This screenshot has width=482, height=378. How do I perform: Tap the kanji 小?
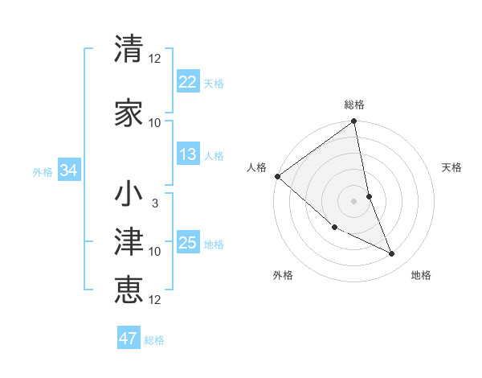coord(129,195)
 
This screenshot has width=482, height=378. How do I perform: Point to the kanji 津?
coord(129,239)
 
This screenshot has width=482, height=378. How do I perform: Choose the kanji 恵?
coord(129,289)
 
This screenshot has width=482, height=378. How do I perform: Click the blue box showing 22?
coord(187,81)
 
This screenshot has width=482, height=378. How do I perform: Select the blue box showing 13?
coord(187,154)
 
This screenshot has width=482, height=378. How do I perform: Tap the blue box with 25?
coord(187,242)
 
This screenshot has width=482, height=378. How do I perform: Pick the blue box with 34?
coord(68,171)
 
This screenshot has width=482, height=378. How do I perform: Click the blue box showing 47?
coord(129,339)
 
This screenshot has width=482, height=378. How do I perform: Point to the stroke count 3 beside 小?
coord(155,203)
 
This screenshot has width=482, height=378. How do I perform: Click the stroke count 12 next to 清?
coord(155,59)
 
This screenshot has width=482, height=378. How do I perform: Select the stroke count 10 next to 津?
coord(155,252)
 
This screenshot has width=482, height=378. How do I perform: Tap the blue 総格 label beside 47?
coord(154,340)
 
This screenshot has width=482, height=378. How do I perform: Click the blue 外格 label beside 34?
coord(43,172)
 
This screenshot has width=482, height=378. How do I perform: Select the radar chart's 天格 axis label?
coord(452,167)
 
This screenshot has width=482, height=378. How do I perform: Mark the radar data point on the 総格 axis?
coord(354,122)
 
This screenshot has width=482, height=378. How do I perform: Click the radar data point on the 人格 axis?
coord(277,176)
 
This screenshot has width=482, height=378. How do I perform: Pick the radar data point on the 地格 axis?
coord(392,253)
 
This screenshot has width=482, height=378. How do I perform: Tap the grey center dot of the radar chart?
coord(354,200)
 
